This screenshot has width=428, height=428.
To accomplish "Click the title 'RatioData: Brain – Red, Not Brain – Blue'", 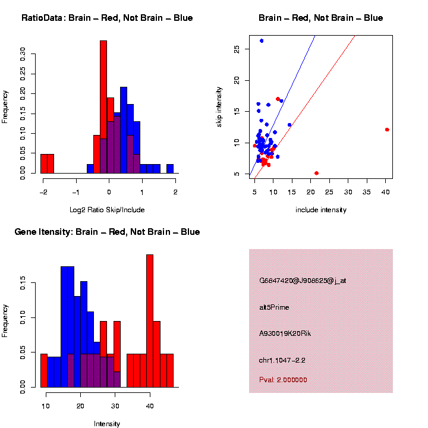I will point(107,18).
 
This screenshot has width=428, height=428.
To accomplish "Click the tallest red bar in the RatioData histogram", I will point(103,107).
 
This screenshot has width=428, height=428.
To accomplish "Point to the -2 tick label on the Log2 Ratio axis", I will point(43,191).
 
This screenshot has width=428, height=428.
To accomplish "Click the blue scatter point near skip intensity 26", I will point(262,40).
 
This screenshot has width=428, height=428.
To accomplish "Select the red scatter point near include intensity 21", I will point(316,173).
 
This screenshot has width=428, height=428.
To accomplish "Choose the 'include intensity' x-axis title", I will point(321,210).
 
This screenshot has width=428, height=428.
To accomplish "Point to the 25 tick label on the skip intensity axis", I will point(237,49).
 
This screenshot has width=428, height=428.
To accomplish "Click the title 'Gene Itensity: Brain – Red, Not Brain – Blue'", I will point(107,232).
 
